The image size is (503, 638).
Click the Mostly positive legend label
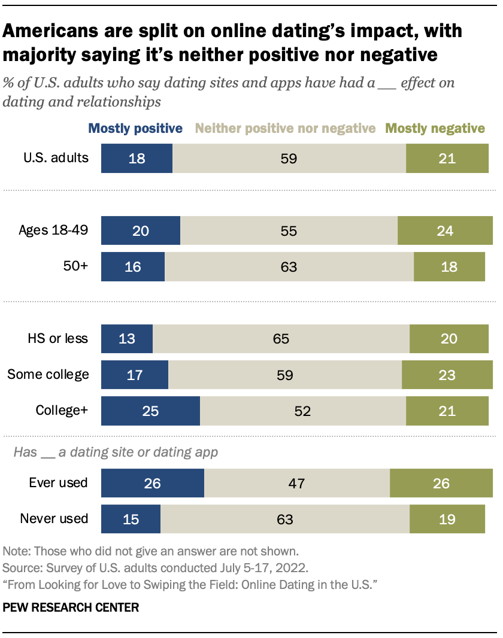coord(135,128)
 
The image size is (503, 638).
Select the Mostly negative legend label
coord(435,128)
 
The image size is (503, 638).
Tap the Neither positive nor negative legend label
coord(286,128)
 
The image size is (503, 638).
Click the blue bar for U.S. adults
coord(137,159)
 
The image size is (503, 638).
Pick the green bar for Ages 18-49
coord(444,231)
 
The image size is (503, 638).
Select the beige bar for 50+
coord(289,266)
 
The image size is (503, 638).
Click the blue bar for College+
coord(150,411)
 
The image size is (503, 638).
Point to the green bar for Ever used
coord(441,482)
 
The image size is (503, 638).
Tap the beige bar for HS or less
coord(281,339)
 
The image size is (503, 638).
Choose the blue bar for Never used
coord(131,518)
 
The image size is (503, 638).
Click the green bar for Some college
coord(447,375)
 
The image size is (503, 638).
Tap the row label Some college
coord(48,375)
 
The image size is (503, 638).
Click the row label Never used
coord(54,518)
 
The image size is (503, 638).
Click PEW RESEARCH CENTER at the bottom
coord(71,607)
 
